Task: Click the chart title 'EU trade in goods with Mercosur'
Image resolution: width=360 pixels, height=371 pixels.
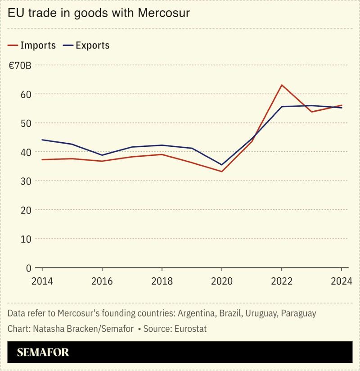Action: pos(99,13)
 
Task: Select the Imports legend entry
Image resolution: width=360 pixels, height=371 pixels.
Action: pos(32,45)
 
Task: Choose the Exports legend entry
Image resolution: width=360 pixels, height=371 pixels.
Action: pos(86,45)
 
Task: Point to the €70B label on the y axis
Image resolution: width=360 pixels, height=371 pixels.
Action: pos(19,66)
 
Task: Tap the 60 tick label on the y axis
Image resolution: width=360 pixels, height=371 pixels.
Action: pos(26,95)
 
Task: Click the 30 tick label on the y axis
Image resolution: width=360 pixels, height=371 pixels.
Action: pos(26,181)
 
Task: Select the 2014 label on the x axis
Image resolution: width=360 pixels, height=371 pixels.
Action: pos(42,281)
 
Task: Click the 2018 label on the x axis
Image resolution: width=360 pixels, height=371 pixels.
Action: pos(162,281)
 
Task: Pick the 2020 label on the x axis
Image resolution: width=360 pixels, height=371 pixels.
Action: pos(221,281)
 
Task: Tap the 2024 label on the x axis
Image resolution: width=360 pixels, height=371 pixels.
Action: pos(341,281)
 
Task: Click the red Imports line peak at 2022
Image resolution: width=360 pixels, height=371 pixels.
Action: pos(282,85)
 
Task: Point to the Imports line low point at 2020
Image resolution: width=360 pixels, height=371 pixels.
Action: pos(222,172)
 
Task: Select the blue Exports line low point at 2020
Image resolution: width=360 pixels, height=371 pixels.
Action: pos(222,165)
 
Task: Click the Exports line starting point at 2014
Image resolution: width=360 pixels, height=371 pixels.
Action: pos(42,140)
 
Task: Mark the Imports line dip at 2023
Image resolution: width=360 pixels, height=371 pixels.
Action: pos(311,112)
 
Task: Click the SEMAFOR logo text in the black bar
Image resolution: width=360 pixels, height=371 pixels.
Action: pos(43,352)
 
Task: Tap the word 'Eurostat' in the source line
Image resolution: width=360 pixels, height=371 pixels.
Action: pos(189,329)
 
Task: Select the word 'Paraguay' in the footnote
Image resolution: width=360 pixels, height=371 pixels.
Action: pos(298,313)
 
